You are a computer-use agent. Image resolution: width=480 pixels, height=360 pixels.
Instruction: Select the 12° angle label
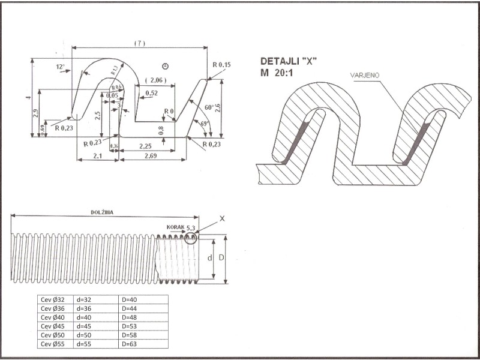60,67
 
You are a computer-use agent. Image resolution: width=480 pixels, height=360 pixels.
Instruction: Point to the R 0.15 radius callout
221,64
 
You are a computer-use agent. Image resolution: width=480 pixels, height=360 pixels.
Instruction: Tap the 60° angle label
208,107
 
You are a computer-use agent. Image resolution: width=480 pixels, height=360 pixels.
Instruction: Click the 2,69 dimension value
149,156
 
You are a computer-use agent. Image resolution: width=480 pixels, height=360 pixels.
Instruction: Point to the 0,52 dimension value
151,93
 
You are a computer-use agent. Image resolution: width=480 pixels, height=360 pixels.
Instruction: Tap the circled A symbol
166,65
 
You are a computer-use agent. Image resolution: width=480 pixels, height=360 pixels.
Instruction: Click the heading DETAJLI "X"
287,62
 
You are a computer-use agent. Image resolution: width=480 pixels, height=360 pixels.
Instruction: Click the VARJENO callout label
365,75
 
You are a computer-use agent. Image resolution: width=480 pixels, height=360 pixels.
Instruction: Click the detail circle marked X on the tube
191,238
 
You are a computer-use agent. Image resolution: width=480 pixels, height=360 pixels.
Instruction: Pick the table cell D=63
130,344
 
